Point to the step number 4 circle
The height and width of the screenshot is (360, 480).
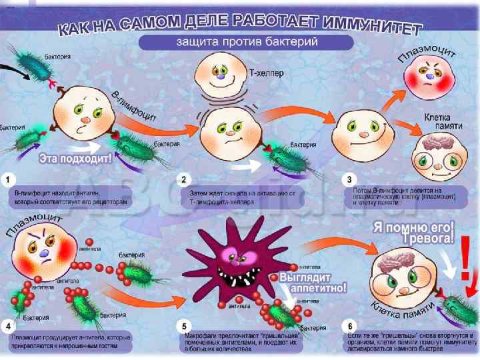coord(8,326)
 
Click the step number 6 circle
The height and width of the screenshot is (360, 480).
coord(348,326)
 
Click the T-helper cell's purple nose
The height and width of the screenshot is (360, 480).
coord(220,76)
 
